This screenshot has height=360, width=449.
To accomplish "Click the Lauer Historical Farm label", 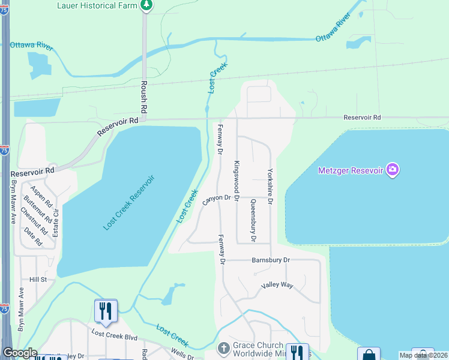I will [98, 5].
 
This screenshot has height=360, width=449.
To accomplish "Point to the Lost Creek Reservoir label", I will [129, 202].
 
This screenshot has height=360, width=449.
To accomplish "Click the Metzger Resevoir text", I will [350, 170].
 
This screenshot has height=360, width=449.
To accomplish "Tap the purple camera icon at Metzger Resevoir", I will [393, 170].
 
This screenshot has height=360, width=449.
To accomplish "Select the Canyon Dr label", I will [217, 199].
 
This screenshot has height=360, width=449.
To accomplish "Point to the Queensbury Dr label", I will [253, 221].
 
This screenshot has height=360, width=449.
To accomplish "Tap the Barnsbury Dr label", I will [270, 260].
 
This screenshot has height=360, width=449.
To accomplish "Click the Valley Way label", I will [277, 286].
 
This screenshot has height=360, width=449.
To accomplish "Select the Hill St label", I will [38, 280].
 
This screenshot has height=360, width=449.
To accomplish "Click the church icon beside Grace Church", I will [223, 348].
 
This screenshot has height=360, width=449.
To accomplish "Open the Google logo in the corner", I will [20, 353].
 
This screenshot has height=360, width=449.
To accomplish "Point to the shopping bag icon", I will [369, 355].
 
